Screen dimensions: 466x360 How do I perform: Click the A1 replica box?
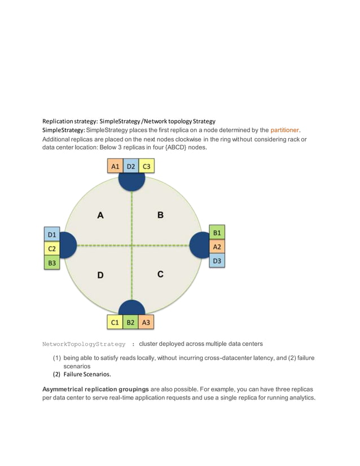(115, 166)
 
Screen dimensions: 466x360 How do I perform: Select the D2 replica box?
(131, 166)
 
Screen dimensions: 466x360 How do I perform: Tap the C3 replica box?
(146, 166)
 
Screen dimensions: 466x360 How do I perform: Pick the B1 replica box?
(217, 232)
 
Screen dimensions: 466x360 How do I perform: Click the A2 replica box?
(217, 247)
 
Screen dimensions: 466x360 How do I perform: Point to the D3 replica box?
(217, 261)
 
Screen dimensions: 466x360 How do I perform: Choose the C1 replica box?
(115, 322)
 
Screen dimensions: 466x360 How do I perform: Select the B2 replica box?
(131, 322)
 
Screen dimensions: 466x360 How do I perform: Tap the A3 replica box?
(146, 322)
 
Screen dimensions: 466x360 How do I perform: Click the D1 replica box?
(52, 234)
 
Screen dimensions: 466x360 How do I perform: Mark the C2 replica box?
(52, 248)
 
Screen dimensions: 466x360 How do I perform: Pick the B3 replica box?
(52, 262)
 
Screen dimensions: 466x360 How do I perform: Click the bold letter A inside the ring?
(100, 215)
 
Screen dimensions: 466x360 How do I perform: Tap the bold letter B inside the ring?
(160, 215)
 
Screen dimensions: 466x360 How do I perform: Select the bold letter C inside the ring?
(160, 275)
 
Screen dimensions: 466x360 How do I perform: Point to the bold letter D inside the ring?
(100, 275)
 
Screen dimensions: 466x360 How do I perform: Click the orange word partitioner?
(284, 130)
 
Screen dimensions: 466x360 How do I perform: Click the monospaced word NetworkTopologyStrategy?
(84, 344)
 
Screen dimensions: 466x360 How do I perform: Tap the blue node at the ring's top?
(131, 181)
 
